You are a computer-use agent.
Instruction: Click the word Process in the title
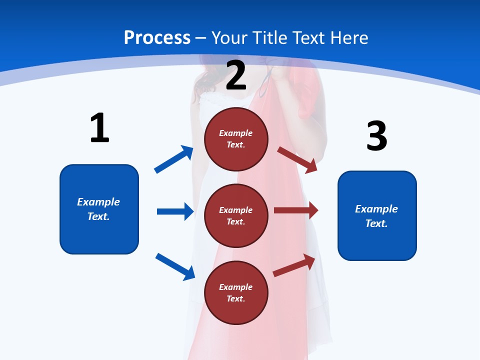pos(157,38)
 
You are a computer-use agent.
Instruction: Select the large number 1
pos(99,128)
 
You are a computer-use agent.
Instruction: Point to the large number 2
pos(236,75)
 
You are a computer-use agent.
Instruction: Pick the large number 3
pos(377,136)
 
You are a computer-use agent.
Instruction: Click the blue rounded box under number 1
pos(99,209)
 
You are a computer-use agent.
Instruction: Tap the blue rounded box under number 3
pos(377,216)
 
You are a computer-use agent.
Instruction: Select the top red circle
pos(236,139)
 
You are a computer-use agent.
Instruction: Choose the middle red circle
pos(236,215)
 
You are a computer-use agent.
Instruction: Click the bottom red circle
pos(236,292)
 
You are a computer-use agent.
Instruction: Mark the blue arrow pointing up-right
pos(174,159)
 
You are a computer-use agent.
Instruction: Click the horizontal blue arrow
pos(175,211)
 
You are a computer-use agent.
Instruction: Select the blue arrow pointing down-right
pos(175,266)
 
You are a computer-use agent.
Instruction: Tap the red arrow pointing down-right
pos(297,159)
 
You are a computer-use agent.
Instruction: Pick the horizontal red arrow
pos(296,210)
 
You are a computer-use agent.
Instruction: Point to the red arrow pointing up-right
pos(294,265)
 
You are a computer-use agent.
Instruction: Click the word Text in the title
pos(308,38)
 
